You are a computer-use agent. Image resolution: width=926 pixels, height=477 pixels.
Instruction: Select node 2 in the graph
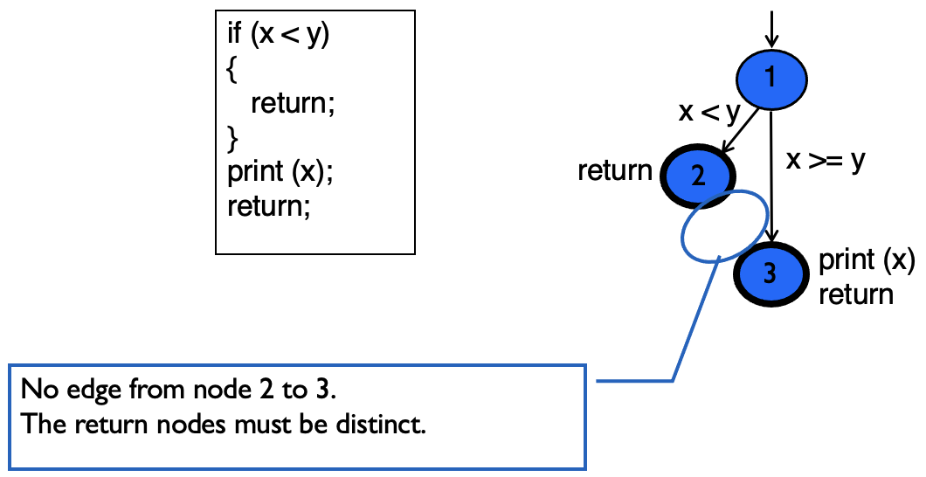tap(698, 175)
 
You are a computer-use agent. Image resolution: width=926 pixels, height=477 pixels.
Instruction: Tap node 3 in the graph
tap(770, 273)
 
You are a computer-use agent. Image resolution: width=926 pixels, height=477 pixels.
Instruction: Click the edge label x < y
tap(708, 112)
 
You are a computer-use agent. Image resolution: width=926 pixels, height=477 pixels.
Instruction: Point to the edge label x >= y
tap(826, 161)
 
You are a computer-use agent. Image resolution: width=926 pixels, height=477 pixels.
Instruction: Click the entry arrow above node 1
tap(771, 26)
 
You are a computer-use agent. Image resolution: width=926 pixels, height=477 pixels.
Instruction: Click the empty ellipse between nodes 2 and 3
tap(724, 225)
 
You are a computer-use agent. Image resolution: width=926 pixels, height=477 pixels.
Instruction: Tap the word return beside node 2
tap(615, 171)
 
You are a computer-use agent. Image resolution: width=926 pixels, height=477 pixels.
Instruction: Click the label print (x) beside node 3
tap(866, 260)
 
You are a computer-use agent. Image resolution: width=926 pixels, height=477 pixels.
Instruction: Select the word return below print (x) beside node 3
tap(856, 294)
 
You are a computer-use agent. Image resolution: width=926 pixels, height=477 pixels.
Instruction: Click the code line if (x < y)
tap(278, 38)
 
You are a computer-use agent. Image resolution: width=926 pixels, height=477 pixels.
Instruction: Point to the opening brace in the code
tap(231, 71)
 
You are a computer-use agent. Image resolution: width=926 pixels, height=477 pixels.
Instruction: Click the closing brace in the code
tap(231, 137)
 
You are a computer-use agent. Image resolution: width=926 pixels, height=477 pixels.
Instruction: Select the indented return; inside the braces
tap(293, 104)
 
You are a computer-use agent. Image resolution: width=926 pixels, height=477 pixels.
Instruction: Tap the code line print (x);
tap(280, 171)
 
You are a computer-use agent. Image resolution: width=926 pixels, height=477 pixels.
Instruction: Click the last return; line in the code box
tap(268, 207)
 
